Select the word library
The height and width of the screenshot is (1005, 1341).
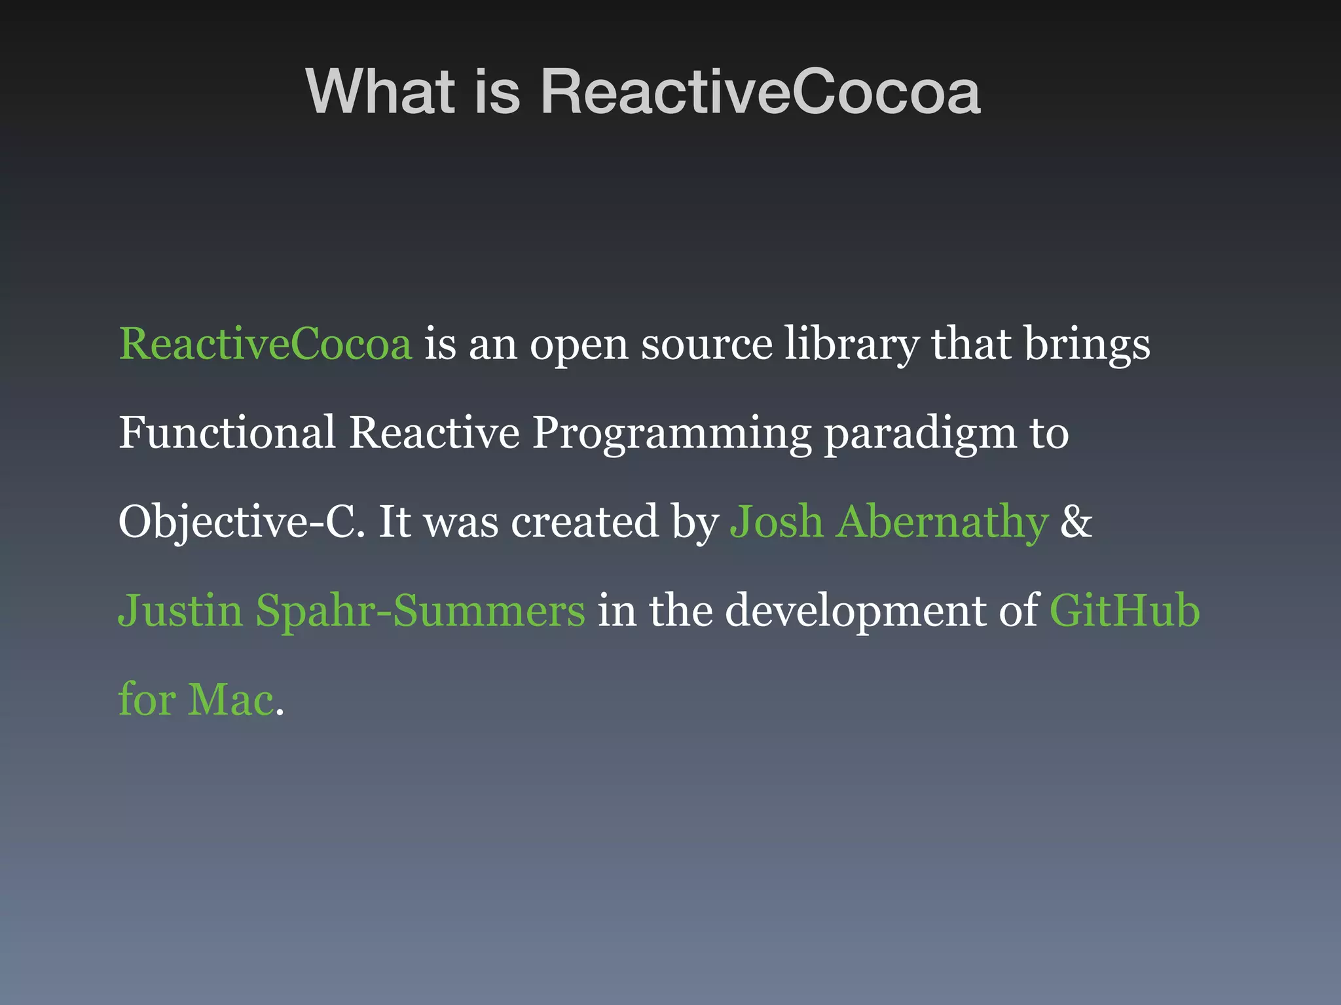(851, 345)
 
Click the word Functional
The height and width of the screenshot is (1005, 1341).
(227, 432)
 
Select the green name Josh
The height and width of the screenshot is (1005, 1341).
(777, 522)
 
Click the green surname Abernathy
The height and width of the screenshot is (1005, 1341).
(942, 522)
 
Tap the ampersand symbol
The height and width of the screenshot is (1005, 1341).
(1076, 522)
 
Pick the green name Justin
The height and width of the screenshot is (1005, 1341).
(181, 610)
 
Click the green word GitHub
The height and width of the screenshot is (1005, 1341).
(1124, 610)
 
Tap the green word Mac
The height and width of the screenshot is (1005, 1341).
(231, 699)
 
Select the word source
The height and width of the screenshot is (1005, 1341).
(707, 345)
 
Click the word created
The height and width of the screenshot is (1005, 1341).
(585, 522)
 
